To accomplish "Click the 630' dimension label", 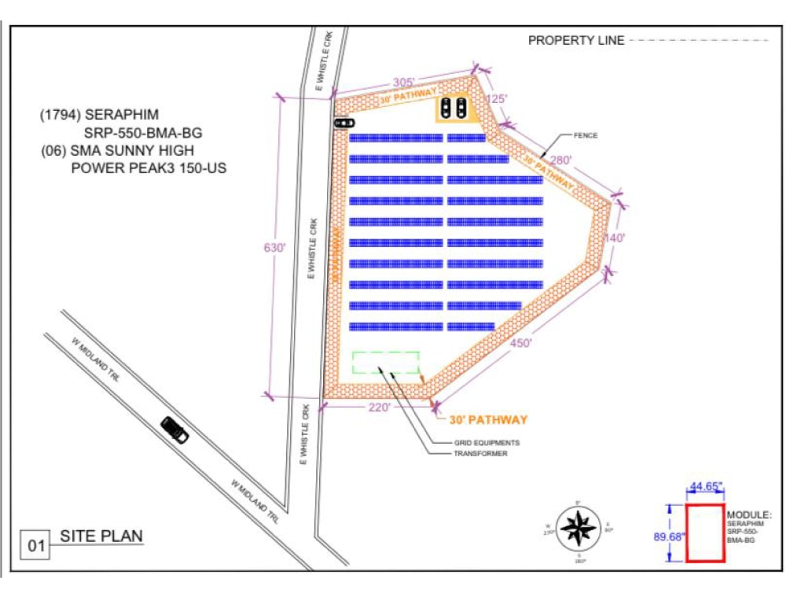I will tap(274, 247).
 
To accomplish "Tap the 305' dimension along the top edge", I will tap(408, 83).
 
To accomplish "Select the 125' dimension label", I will tap(497, 99).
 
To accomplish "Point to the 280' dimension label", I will tap(560, 160).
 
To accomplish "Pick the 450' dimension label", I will tap(520, 343).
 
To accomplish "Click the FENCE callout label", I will tap(586, 136).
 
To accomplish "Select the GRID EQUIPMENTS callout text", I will tap(487, 443).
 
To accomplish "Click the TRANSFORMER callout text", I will tap(480, 454).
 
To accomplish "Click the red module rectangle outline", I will tap(705, 533).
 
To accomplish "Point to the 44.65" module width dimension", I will tap(705, 488).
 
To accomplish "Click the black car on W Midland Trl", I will tap(174, 430).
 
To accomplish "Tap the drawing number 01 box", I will tap(35, 544).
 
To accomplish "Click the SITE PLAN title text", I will tap(101, 537).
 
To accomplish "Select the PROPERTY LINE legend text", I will tap(576, 40).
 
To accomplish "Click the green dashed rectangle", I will tap(385, 363).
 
